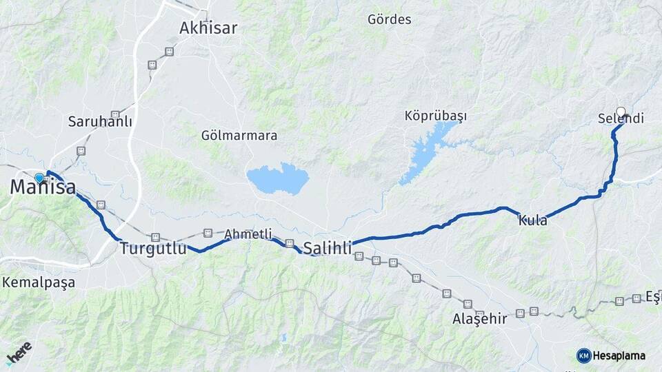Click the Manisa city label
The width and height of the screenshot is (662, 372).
[43, 187]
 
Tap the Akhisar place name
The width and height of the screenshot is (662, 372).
[208, 28]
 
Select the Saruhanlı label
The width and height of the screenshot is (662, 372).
[100, 121]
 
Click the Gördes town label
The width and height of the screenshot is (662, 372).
[390, 19]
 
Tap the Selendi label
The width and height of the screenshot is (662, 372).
[621, 119]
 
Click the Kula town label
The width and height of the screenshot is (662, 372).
[533, 221]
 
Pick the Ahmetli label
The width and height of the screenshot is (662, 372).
[248, 234]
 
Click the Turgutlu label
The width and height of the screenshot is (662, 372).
[153, 249]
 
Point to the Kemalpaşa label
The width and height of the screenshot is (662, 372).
[39, 282]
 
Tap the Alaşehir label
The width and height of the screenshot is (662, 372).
[480, 319]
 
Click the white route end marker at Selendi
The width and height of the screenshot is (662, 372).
[621, 112]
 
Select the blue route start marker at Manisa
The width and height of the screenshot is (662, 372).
[39, 178]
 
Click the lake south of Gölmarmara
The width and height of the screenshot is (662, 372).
[277, 178]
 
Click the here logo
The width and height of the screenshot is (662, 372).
[19, 353]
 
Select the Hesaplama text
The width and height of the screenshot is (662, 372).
[619, 355]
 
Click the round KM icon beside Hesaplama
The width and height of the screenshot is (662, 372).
[583, 355]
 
